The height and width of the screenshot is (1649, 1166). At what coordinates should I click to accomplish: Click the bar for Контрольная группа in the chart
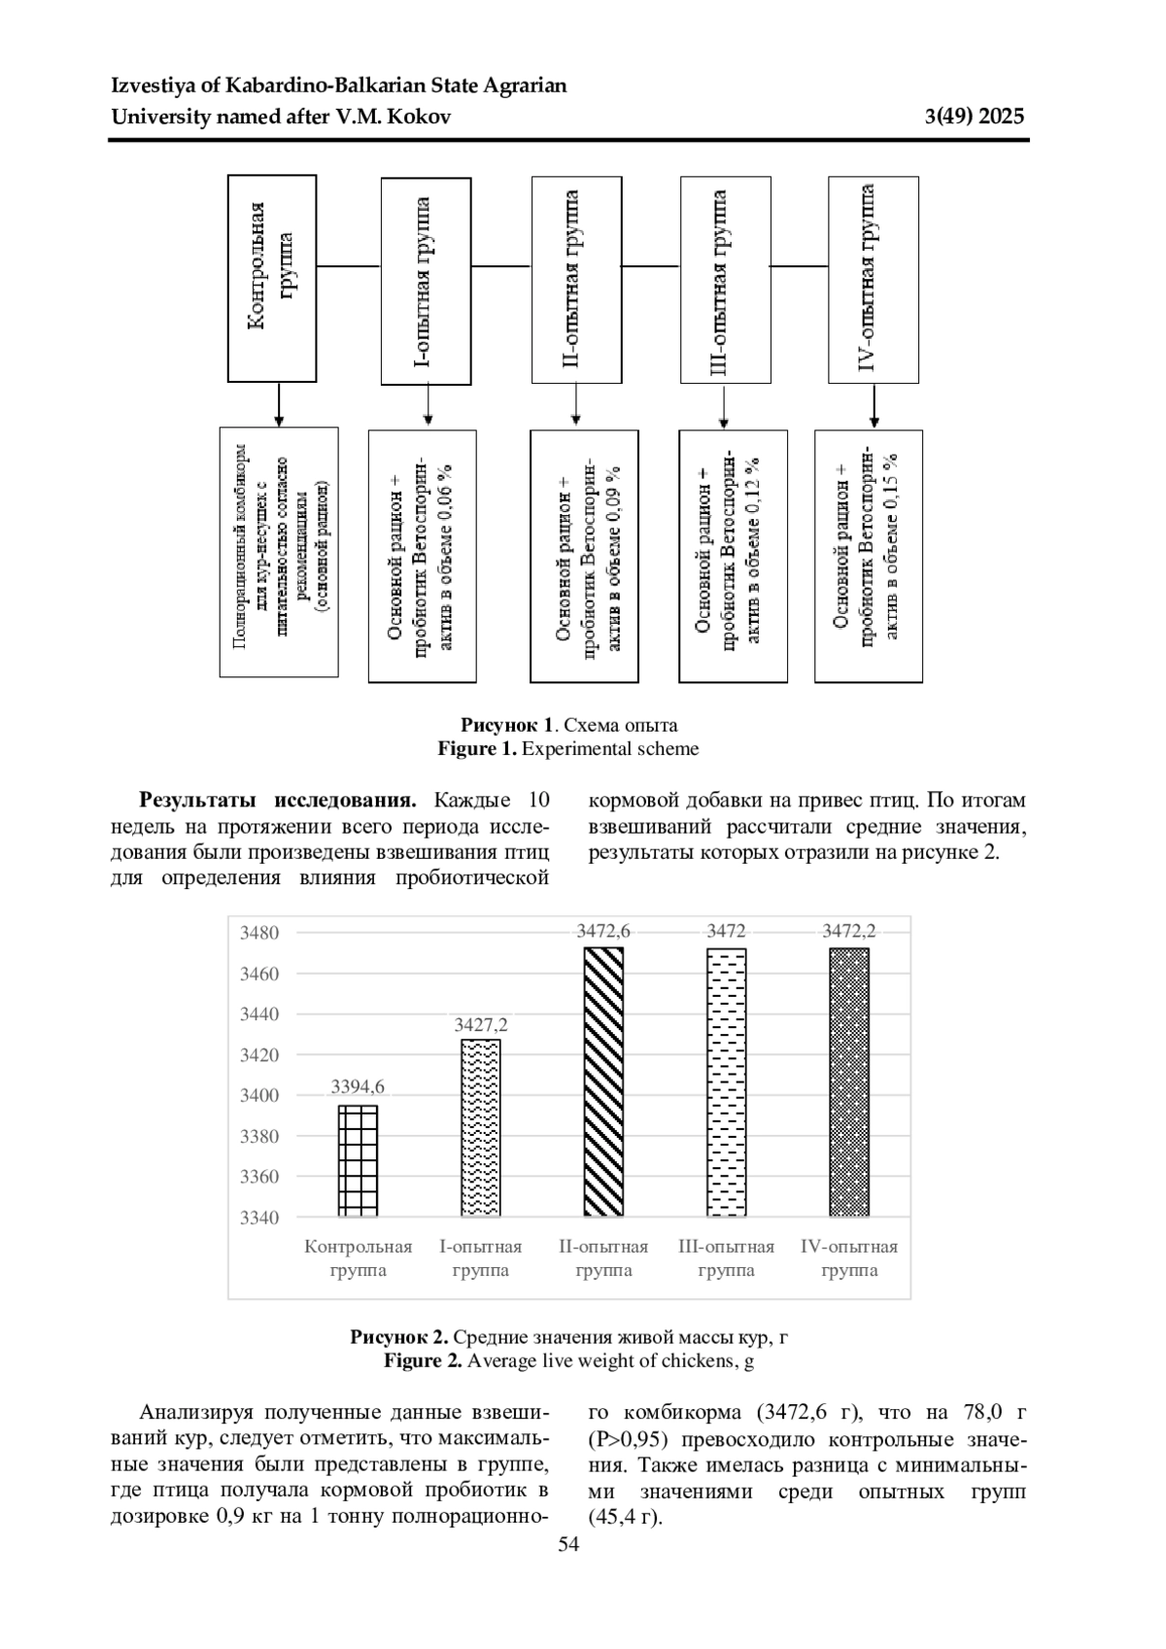358,1160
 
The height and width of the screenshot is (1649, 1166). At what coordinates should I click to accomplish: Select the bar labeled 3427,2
480,1127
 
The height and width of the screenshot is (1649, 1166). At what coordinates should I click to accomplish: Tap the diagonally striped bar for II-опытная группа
603,1081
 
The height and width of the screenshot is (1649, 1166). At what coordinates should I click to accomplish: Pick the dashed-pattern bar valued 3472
726,1081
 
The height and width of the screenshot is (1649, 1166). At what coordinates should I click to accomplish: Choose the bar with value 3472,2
848,1081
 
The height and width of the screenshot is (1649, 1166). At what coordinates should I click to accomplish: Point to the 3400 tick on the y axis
259,1095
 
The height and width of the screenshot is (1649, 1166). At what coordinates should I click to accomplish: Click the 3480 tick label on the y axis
259,933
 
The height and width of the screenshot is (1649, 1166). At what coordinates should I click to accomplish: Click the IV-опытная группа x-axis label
848,1258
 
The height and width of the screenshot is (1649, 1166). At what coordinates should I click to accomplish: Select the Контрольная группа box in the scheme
272,279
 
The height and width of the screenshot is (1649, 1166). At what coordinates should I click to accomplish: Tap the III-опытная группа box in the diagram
726,280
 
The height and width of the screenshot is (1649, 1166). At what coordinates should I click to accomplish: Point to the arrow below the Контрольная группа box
279,404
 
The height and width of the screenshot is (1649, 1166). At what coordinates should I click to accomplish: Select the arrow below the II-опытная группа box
575,404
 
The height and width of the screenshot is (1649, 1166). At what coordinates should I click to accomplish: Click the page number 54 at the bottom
569,1545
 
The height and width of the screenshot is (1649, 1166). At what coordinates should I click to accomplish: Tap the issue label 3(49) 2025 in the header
975,117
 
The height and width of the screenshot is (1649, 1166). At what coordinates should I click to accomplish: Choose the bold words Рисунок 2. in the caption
399,1337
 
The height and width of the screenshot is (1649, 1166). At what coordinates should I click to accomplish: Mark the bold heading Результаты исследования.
278,801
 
